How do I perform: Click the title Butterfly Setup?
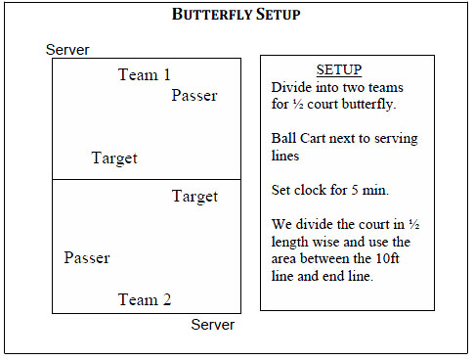pos(237,15)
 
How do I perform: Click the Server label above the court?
pos(67,50)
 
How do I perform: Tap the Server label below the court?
pos(212,325)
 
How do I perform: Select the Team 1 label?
pos(144,74)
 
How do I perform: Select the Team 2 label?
pos(144,299)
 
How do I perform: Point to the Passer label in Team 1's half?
pos(194,95)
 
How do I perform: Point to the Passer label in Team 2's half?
pos(87,258)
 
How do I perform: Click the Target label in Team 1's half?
pos(114,157)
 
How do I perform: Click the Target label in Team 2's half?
pos(194,197)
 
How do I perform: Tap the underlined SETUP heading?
pos(339,70)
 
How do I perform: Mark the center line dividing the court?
pos(146,179)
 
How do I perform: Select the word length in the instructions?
pos(291,243)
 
